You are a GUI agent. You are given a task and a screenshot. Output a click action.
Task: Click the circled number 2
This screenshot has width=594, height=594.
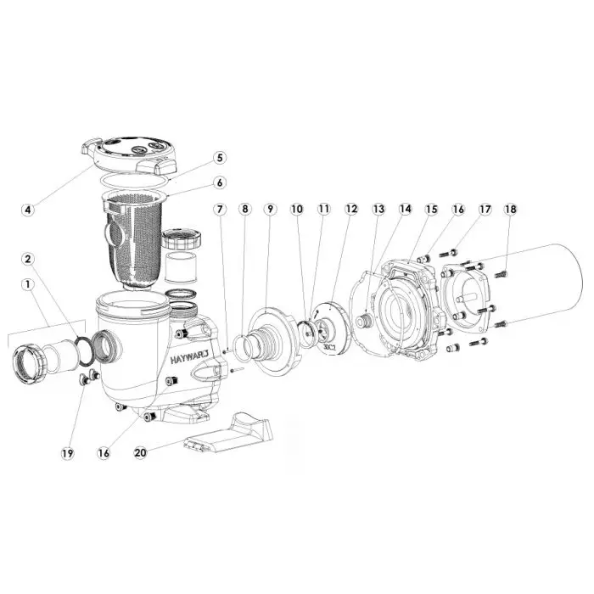[x=52, y=258]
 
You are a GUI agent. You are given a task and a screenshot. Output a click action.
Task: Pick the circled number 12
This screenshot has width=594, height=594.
[x=351, y=208]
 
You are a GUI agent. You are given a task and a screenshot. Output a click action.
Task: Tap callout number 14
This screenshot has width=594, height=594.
[x=405, y=208]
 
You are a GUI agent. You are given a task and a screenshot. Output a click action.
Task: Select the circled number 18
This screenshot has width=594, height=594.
[x=510, y=208]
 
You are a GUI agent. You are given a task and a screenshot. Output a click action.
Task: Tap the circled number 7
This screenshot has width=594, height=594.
[x=220, y=208]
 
